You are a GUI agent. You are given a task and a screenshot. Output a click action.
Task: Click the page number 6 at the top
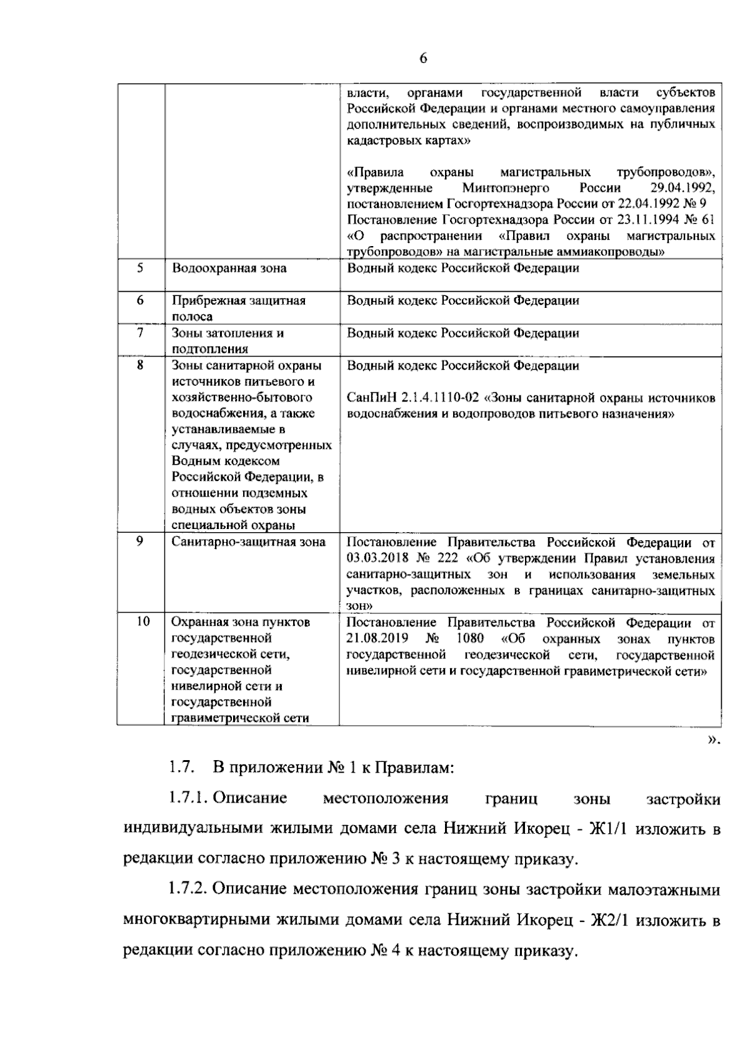[423, 58]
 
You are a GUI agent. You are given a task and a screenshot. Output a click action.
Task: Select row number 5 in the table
[140, 268]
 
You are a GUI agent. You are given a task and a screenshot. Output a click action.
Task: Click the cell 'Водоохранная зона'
[229, 269]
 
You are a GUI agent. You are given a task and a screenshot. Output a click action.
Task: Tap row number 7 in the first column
[140, 332]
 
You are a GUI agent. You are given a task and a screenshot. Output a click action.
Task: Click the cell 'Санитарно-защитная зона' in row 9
[248, 541]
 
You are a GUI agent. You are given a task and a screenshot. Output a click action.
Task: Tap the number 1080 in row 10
[469, 639]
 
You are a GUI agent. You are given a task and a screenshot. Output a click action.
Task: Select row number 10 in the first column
[142, 622]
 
